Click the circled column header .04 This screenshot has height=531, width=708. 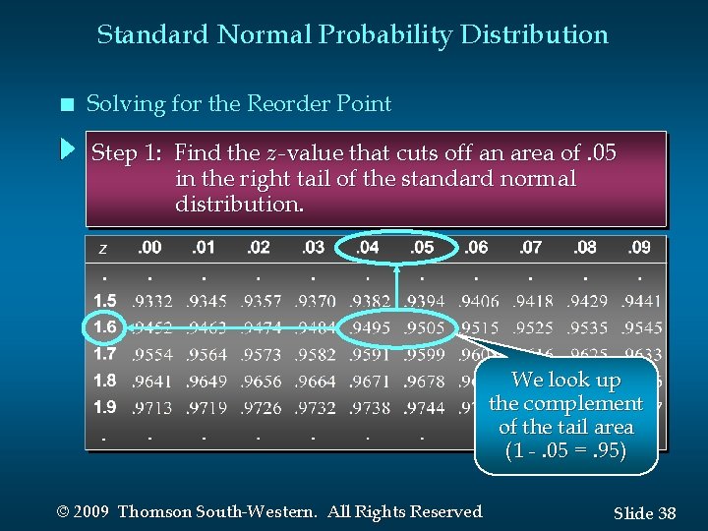click(368, 248)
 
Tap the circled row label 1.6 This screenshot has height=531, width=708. click(105, 326)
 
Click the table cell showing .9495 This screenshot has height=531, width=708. click(370, 327)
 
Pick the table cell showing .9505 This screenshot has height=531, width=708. click(425, 327)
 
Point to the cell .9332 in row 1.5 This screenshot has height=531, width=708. click(152, 301)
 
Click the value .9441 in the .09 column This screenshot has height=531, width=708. click(641, 301)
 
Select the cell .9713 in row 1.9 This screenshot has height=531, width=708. click(152, 407)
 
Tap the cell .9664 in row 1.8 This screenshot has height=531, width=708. click(315, 381)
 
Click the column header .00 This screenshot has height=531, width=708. click(150, 248)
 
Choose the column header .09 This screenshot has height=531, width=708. click(639, 248)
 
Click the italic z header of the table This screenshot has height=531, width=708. click(103, 249)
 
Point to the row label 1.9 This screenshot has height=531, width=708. click(105, 406)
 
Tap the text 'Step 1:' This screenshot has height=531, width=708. click(127, 153)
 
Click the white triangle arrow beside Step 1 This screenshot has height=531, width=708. click(67, 150)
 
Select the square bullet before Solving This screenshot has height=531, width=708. click(65, 105)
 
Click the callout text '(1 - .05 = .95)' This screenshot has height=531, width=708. click(566, 451)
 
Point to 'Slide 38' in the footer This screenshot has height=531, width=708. click(644, 513)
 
